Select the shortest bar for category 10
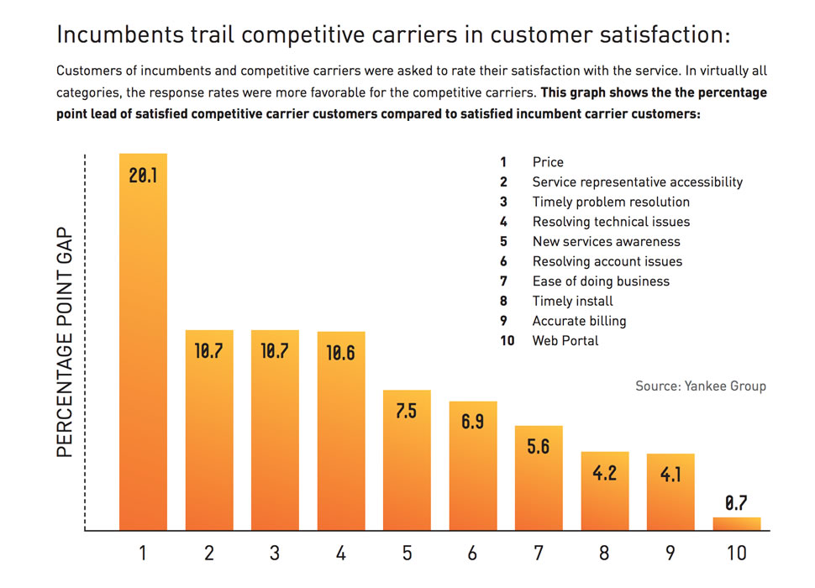737,524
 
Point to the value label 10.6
340,353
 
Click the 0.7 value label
737,503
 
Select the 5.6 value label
538,447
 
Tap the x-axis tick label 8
604,553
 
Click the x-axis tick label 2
208,553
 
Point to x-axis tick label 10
737,553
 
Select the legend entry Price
548,162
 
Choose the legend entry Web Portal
565,340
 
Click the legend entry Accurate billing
579,321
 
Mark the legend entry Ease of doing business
601,281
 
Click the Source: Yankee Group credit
700,386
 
